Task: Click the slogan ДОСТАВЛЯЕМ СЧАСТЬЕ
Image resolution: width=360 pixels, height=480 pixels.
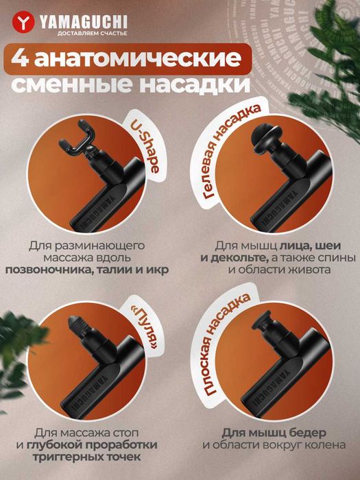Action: pyautogui.click(x=73, y=32)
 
